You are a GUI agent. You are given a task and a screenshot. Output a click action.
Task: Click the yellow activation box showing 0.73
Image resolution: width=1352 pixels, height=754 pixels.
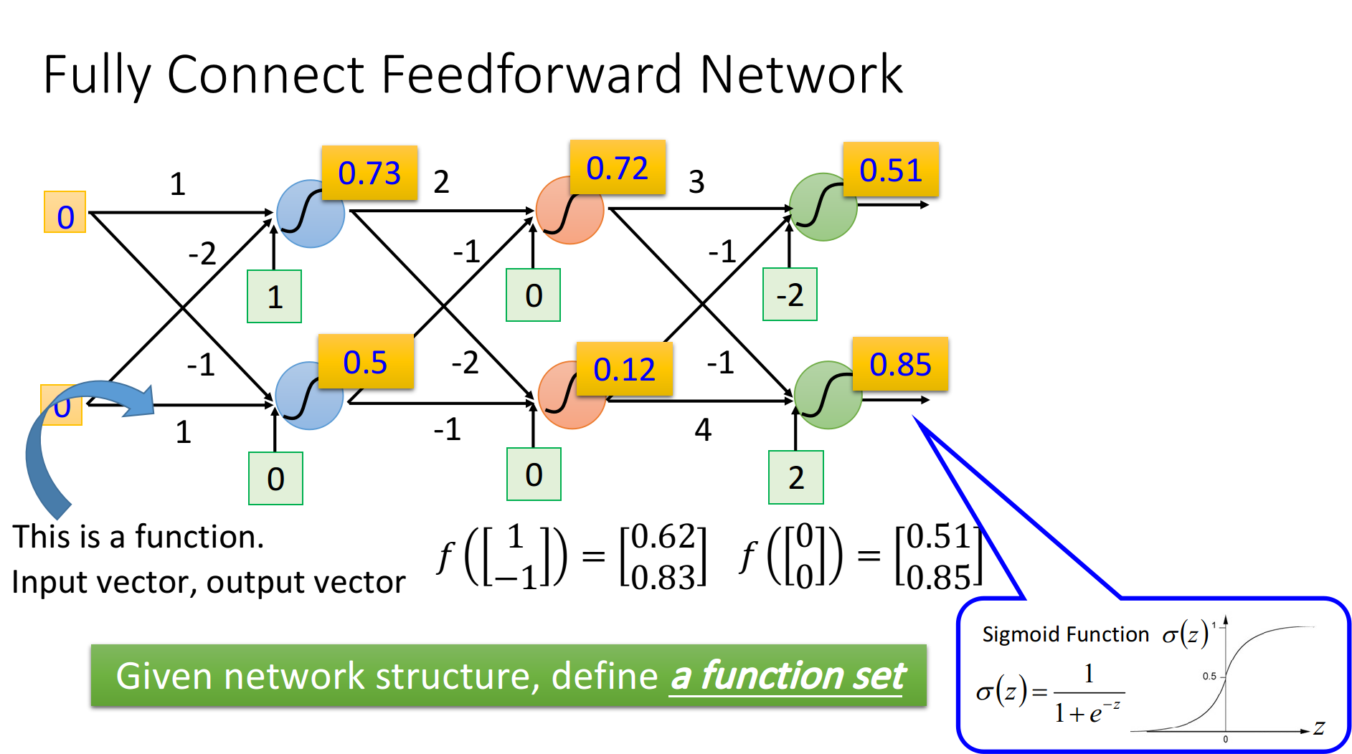(369, 173)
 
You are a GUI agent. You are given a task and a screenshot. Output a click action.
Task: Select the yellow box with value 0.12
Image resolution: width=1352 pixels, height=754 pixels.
(624, 369)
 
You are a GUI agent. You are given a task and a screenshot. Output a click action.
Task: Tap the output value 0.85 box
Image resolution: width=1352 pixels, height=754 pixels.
(900, 364)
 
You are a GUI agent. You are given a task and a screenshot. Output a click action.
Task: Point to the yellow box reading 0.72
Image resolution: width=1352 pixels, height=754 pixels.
(618, 168)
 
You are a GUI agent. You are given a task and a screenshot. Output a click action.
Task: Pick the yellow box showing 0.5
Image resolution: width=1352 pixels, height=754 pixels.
(366, 361)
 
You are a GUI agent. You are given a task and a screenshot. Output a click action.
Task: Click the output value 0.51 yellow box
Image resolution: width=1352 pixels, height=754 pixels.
(891, 169)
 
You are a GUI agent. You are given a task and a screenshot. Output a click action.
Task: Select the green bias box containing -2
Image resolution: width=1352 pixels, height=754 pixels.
(790, 295)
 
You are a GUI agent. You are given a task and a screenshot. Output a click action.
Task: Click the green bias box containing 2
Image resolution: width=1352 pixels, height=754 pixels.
(796, 477)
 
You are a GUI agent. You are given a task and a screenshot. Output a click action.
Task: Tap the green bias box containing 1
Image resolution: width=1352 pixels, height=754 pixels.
(275, 297)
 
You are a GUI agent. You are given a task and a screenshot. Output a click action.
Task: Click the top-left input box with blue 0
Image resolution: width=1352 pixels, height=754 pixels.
(65, 212)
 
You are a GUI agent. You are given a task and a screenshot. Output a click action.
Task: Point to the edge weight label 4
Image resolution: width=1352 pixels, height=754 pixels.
(703, 430)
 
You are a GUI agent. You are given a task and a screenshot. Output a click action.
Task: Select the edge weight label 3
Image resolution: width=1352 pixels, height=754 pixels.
(696, 182)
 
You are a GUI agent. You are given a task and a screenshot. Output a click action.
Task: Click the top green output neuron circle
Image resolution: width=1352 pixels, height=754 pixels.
(823, 207)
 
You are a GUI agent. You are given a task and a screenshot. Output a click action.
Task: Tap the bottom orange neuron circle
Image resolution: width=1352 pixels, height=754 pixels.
(572, 395)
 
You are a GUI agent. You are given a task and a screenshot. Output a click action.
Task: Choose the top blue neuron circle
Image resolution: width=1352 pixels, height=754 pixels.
(311, 214)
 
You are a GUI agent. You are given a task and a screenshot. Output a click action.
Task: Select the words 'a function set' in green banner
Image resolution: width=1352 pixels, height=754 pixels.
(788, 676)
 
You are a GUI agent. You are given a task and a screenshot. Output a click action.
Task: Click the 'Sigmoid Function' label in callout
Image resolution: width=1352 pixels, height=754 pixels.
(1065, 634)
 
